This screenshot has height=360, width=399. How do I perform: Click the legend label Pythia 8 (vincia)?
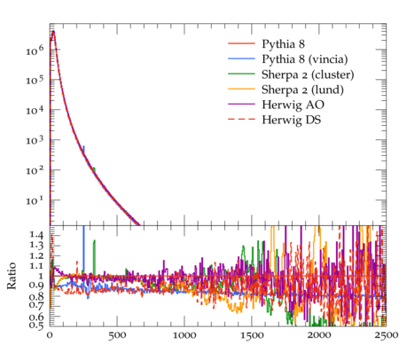[305, 59]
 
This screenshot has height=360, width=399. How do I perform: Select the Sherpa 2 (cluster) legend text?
[308, 74]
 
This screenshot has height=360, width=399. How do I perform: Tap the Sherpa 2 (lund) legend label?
[302, 90]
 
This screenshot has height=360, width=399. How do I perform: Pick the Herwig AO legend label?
[293, 105]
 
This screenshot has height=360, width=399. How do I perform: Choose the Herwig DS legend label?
[292, 120]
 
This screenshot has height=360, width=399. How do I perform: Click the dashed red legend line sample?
[241, 119]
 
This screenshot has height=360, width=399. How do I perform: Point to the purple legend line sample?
[241, 104]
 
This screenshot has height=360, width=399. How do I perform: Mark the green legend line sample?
[241, 74]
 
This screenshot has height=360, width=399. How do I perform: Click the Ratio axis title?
[12, 276]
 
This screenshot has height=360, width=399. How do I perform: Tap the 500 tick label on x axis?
[117, 336]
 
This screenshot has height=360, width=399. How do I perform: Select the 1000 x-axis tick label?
[184, 336]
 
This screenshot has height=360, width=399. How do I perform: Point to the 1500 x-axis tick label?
[252, 336]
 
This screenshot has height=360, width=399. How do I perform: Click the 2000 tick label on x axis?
[319, 336]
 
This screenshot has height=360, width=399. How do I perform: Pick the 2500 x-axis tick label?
[386, 336]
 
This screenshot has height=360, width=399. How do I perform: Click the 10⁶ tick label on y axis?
[35, 50]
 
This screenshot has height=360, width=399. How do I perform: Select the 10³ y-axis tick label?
[35, 140]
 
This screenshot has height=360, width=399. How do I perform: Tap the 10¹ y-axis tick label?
[35, 200]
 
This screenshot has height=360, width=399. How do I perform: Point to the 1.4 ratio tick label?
[36, 235]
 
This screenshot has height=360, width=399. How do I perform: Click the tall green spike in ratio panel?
[94, 257]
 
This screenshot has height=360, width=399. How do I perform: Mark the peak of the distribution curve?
[53, 31]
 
